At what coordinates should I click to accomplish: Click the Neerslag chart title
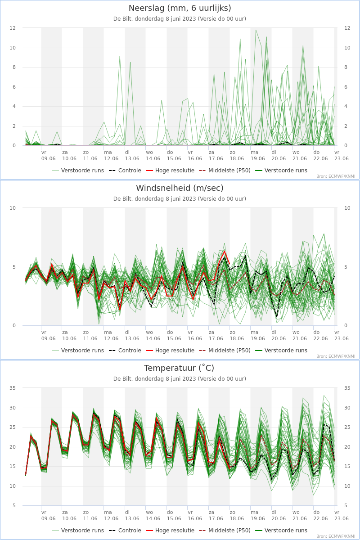(x=180, y=8)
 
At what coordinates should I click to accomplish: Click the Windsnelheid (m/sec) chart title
(x=180, y=188)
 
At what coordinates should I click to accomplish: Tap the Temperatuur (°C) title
(x=179, y=368)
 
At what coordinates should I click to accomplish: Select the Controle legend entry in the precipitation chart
(x=125, y=171)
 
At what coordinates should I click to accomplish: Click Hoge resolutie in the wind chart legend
(x=170, y=351)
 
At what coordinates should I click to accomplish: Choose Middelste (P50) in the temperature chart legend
(x=225, y=531)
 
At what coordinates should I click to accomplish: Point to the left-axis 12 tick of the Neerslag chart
(x=13, y=28)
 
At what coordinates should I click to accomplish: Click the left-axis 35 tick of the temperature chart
(x=13, y=388)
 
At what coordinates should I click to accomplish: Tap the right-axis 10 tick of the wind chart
(x=347, y=208)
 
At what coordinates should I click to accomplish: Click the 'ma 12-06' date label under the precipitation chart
(x=111, y=156)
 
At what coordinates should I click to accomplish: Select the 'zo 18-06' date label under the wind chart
(x=237, y=335)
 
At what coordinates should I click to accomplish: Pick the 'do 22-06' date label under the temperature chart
(x=320, y=515)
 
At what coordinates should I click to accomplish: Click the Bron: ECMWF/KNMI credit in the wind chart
(x=336, y=356)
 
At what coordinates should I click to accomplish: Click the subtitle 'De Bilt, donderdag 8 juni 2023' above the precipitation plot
(x=154, y=19)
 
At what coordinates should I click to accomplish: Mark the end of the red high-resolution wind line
(x=229, y=264)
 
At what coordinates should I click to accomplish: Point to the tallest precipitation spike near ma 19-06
(x=256, y=30)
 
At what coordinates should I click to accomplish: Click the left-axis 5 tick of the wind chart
(x=14, y=267)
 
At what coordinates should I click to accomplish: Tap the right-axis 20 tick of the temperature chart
(x=347, y=447)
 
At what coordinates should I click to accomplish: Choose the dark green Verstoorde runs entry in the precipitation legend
(x=281, y=171)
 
